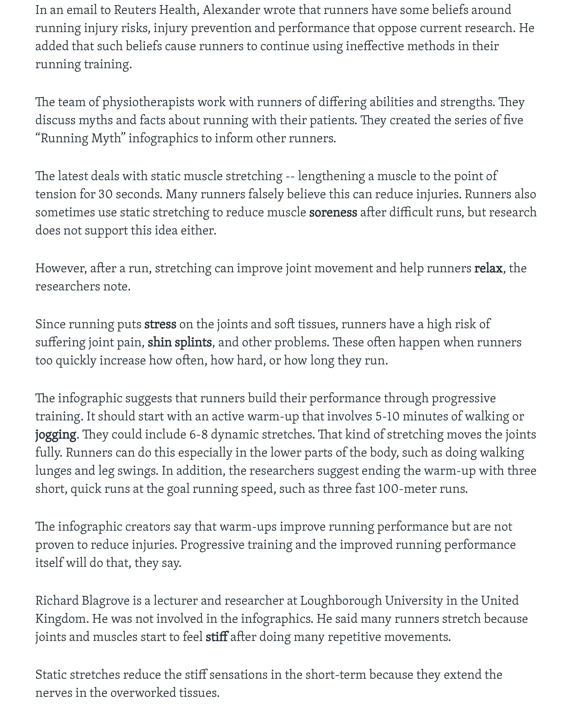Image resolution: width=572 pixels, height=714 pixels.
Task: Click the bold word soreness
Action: coord(333,212)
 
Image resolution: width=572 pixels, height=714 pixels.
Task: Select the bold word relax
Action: coord(488,268)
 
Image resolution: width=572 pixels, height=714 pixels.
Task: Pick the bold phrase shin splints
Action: coord(180,342)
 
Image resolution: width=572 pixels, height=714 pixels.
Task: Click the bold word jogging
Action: coord(56,435)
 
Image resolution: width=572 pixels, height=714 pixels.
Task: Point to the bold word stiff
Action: coord(216,637)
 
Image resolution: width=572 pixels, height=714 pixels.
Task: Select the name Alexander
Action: coord(231,10)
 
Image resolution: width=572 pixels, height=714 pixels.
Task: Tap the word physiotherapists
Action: coord(148,102)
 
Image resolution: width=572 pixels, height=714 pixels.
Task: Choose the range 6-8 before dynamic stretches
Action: coord(199,435)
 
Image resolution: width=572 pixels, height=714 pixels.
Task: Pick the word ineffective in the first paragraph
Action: coord(375,46)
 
